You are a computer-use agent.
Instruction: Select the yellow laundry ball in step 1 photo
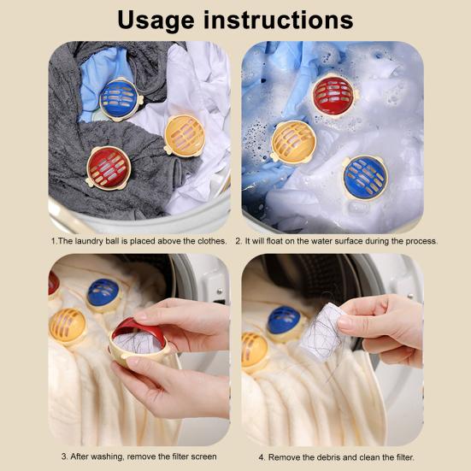(x=185, y=134)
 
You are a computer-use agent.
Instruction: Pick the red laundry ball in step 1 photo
(x=108, y=167)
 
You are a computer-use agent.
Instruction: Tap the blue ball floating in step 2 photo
(x=365, y=177)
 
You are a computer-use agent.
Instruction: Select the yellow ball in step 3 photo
(x=68, y=327)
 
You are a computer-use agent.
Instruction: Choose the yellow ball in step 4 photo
(x=254, y=351)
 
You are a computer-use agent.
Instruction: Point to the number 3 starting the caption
(x=64, y=456)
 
